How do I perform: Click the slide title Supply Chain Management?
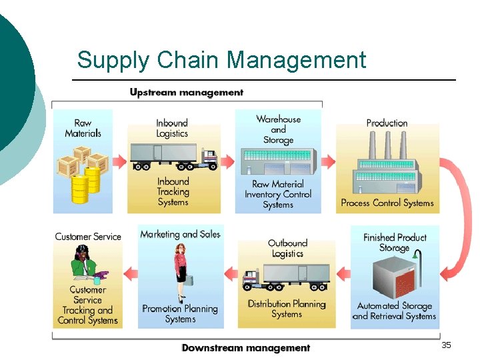[x=221, y=60]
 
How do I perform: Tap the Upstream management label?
[x=187, y=93]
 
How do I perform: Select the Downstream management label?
[x=246, y=347]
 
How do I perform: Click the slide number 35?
[x=446, y=345]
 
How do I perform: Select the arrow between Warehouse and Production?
[x=328, y=161]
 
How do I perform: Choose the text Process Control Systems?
[x=387, y=203]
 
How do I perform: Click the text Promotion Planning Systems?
[x=180, y=314]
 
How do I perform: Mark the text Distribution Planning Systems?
[x=287, y=309]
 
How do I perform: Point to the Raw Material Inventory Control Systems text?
[x=278, y=194]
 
